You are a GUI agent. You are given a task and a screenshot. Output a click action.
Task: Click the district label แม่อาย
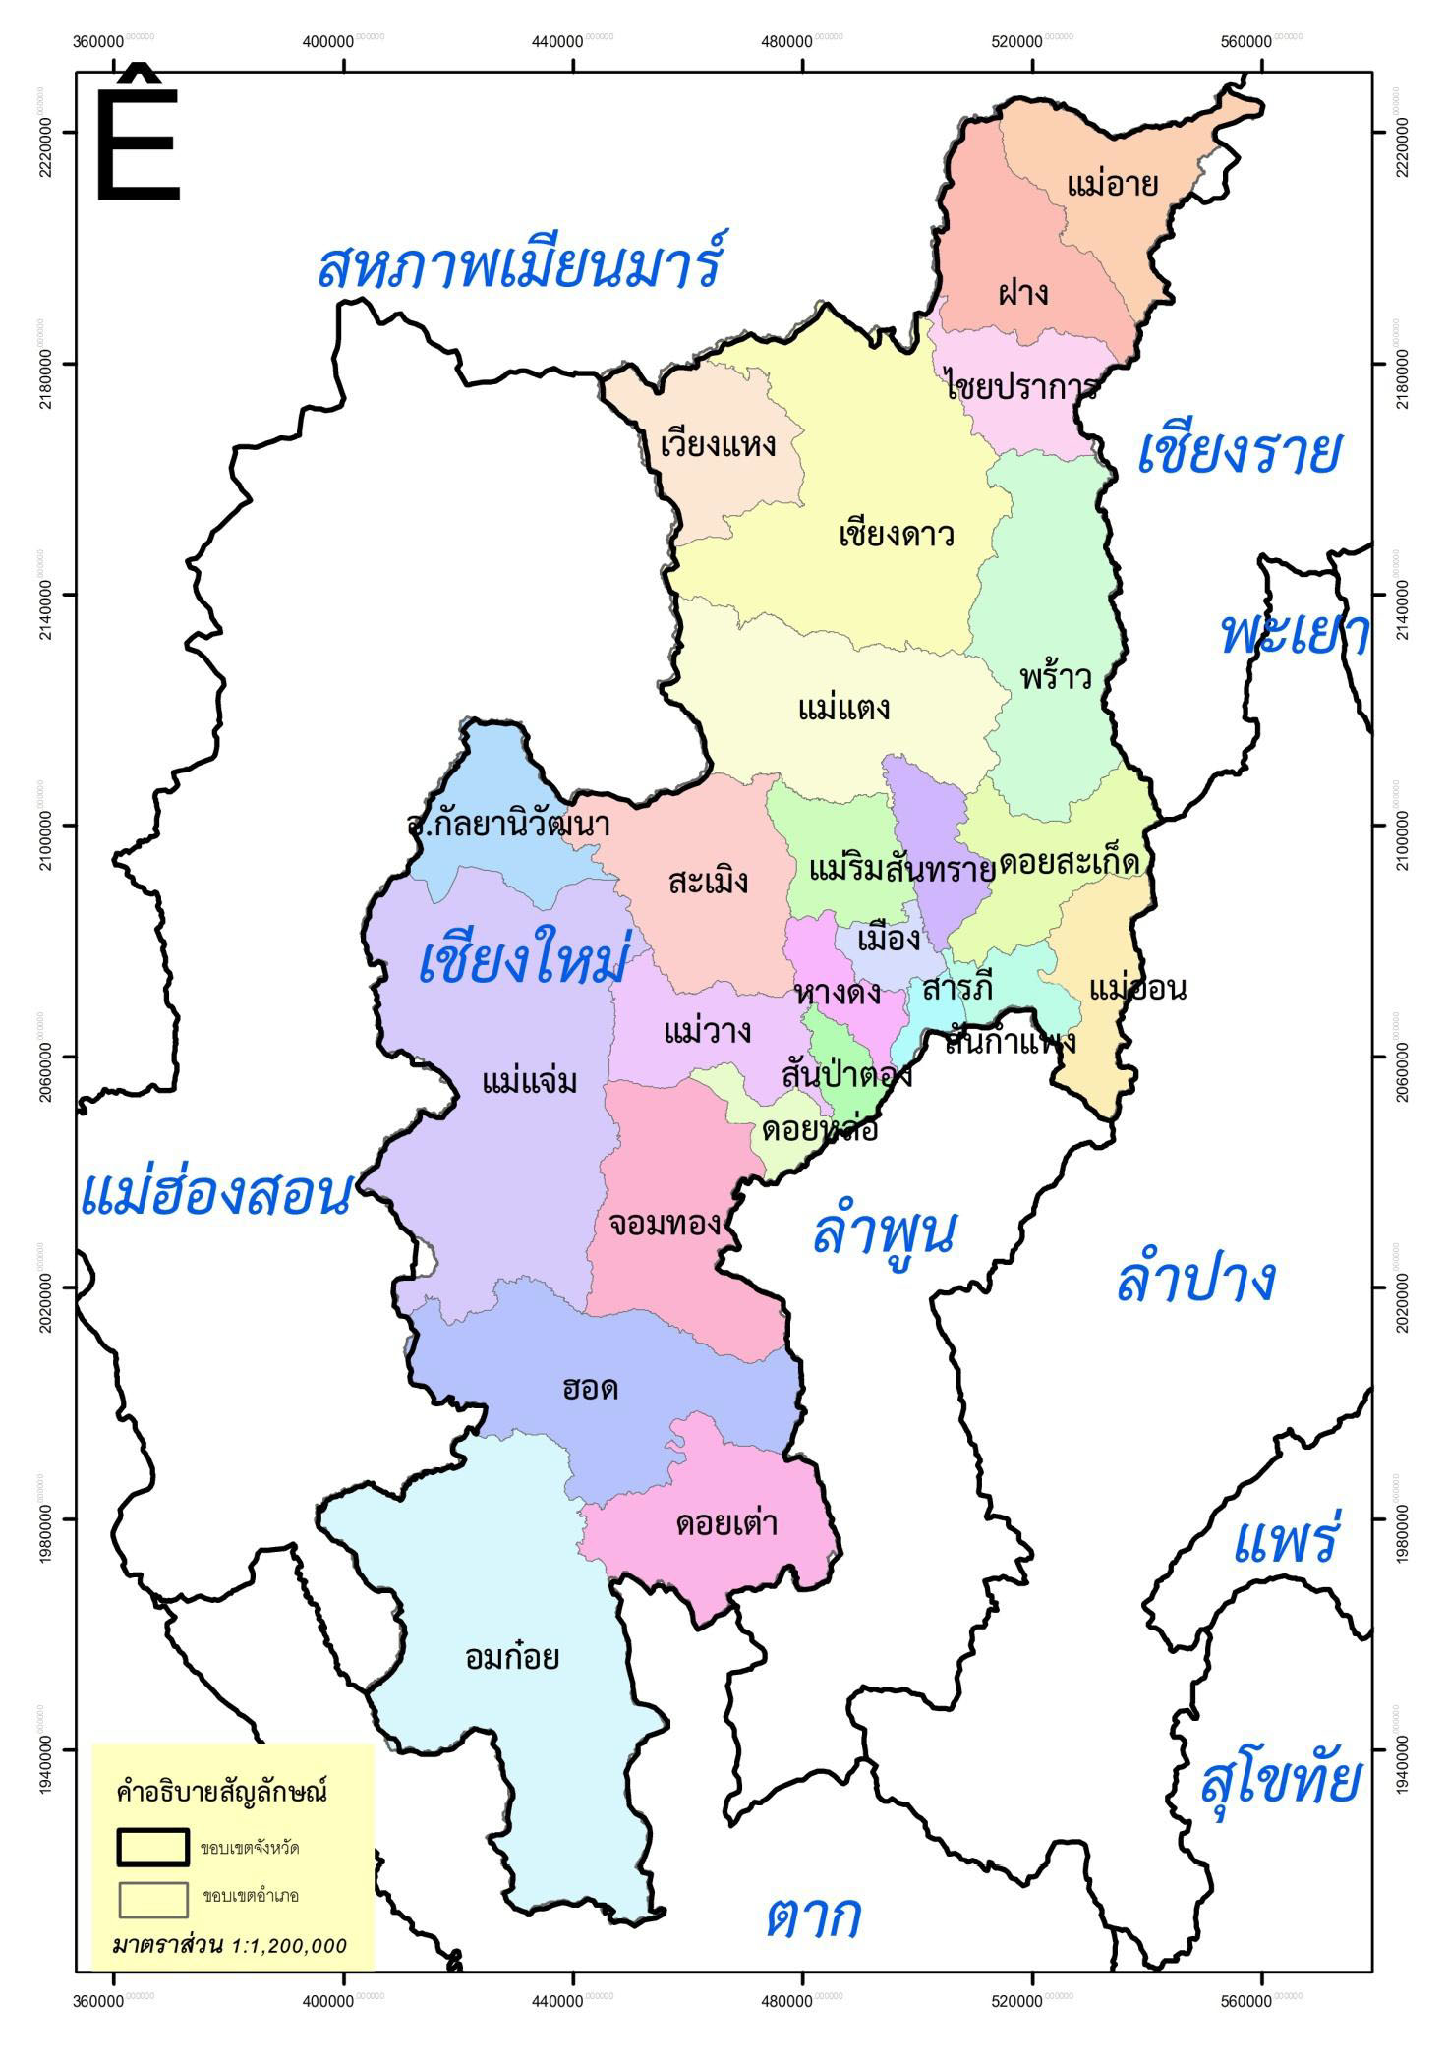coord(1112,184)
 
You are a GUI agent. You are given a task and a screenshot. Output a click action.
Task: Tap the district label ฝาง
coord(1022,292)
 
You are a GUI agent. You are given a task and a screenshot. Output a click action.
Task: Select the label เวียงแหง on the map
coord(718,444)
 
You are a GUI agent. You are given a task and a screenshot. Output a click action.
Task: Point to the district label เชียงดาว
coord(897,536)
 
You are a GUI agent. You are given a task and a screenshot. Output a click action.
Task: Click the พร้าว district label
coord(1056,678)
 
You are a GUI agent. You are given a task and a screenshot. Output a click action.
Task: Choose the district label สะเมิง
coord(708,882)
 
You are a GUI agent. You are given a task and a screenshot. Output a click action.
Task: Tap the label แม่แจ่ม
coord(529,1082)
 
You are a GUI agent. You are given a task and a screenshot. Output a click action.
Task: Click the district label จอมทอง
coord(665,1225)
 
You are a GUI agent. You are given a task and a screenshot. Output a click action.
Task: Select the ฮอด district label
coord(590,1390)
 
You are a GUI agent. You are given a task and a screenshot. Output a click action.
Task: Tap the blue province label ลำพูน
coord(884,1232)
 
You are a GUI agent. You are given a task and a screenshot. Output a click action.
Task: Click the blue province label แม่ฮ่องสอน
coord(215,1194)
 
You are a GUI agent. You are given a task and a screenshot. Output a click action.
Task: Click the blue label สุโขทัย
coord(1280,1781)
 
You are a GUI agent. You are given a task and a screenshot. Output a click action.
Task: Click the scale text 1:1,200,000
coord(288,1946)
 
